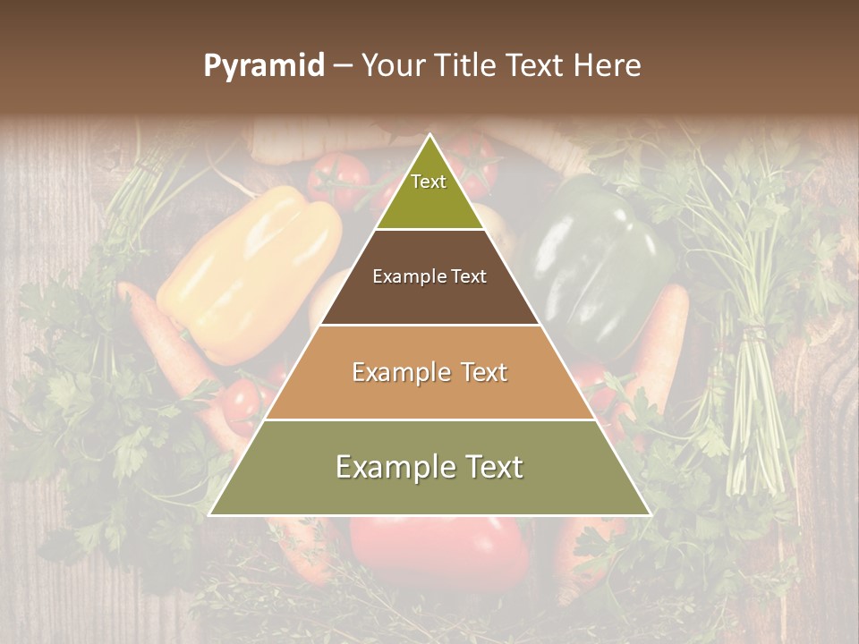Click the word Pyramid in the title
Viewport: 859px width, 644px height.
click(263, 66)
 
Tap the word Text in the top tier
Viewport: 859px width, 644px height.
click(429, 182)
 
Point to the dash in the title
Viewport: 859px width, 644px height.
click(342, 66)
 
